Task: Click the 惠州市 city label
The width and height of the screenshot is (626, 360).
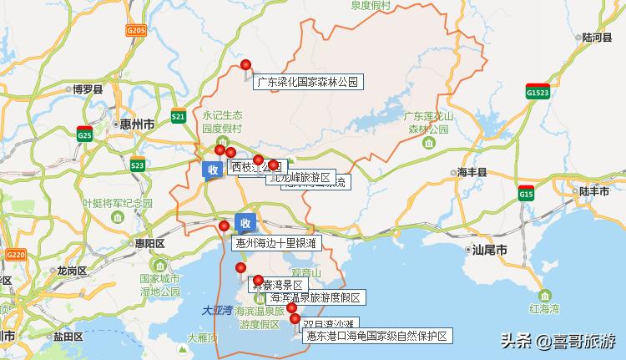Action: [x=137, y=124]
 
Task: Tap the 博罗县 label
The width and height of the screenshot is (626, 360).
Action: [x=87, y=89]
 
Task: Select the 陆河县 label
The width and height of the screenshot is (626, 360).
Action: [x=597, y=38]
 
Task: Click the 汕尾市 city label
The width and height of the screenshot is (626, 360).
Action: [x=489, y=249]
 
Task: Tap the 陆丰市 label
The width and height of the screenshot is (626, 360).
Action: [x=595, y=191]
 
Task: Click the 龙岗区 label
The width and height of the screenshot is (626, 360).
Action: [x=72, y=271]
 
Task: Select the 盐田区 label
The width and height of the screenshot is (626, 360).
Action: [x=68, y=337]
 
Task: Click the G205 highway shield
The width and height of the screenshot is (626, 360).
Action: [x=136, y=30]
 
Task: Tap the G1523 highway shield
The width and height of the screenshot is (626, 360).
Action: [x=538, y=94]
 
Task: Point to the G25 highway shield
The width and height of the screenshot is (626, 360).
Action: [x=84, y=133]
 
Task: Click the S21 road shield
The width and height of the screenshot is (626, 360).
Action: [x=178, y=117]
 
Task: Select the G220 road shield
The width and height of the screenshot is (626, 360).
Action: [x=16, y=254]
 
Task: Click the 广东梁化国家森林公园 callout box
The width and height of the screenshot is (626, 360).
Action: [x=308, y=82]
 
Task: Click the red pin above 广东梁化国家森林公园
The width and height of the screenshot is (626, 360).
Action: [x=245, y=65]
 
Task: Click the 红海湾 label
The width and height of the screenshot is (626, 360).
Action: [x=544, y=308]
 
